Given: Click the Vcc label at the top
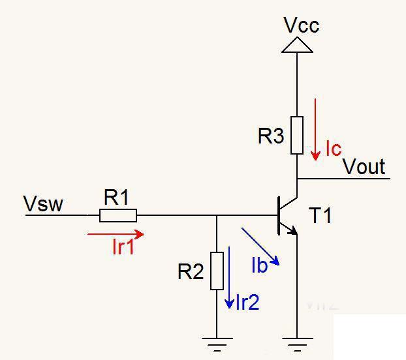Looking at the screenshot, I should point(302,25).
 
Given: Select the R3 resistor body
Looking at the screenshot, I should point(297,135).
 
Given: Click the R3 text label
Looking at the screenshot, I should point(272,136).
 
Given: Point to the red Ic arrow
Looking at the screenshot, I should point(316,128).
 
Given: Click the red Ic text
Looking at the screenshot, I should point(333,149).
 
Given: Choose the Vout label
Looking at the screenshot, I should point(364,167).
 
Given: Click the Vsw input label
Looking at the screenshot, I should point(44,204).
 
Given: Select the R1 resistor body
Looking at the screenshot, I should point(118,215).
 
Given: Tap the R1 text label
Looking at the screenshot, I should point(117,198).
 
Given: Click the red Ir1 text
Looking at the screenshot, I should point(123,247).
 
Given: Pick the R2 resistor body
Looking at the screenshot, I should point(217,270).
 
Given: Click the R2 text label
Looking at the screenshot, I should point(191,272).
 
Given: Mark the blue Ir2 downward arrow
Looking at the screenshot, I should point(229,277).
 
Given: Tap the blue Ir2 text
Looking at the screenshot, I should point(248,302).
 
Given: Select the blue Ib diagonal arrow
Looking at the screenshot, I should point(260,246).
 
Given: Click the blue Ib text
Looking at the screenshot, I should point(260,265).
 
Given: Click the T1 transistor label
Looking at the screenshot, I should point(320,215).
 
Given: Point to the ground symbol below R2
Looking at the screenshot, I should point(217,340).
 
